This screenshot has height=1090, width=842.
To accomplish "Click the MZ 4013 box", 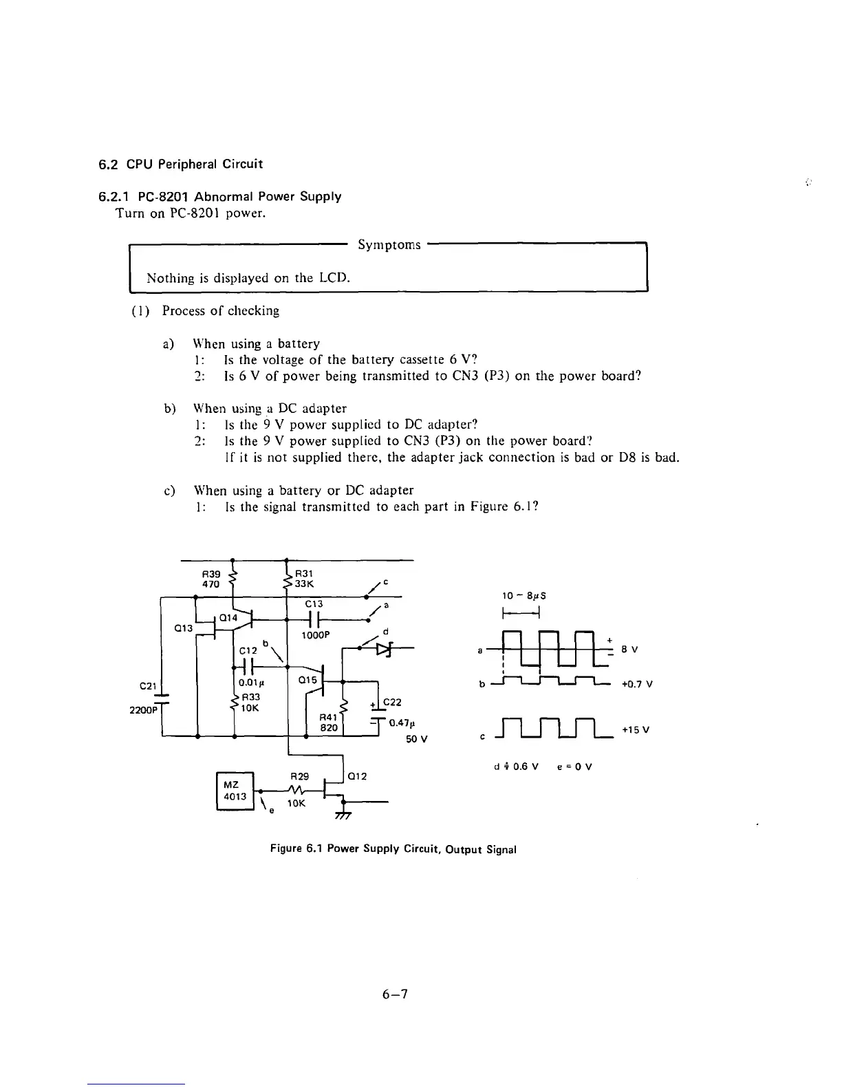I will [x=235, y=791].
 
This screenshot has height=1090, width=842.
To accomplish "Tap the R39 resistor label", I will [x=210, y=573].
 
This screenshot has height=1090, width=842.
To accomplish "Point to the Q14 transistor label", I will [x=229, y=618].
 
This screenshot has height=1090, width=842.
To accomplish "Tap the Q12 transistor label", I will [x=357, y=776].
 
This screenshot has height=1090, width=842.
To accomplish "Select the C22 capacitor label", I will [x=392, y=702].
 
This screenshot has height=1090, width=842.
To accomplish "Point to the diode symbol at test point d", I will [x=383, y=648].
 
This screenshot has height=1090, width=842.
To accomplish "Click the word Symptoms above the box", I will [x=389, y=245].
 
